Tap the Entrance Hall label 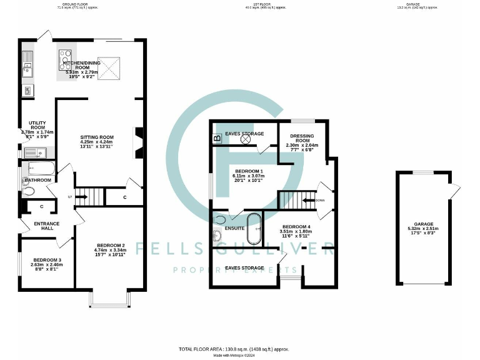[47, 226]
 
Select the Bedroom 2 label [111, 245]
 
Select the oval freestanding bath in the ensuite [254, 229]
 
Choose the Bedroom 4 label [296, 226]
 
